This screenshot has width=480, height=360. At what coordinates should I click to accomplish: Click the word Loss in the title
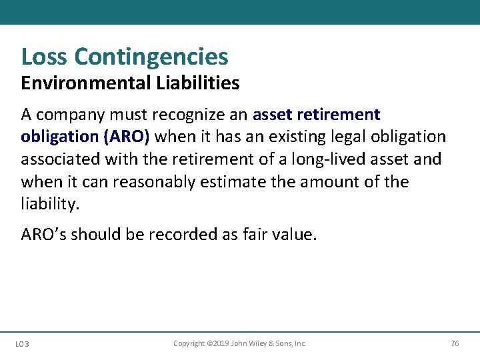point(45,57)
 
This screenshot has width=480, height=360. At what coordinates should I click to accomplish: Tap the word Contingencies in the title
point(151,57)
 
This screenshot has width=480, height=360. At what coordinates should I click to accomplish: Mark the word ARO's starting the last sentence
point(43,234)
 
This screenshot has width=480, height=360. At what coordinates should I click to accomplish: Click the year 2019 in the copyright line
point(219,343)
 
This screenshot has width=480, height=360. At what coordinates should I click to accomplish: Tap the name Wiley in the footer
point(259,343)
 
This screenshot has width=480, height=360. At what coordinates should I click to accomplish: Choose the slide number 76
point(455,343)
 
